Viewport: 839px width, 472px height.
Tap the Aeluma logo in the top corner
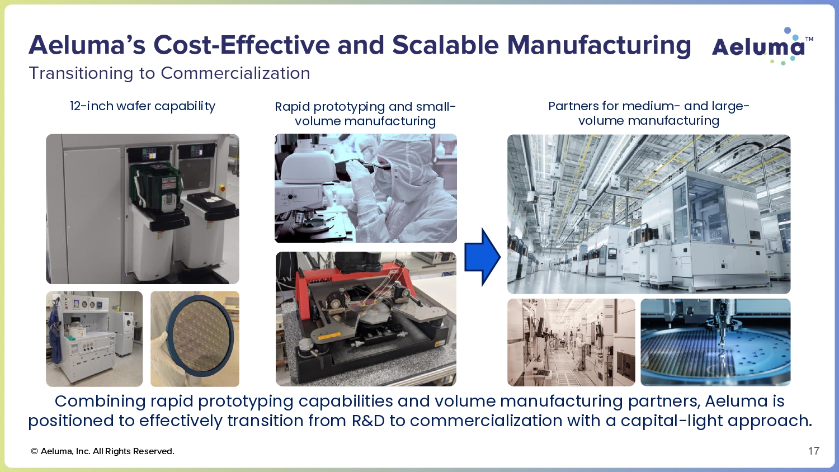pyautogui.click(x=762, y=46)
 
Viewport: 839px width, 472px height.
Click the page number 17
pyautogui.click(x=813, y=451)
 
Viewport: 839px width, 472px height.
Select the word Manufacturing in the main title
pyautogui.click(x=598, y=45)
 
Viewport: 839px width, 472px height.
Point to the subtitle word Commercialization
pyautogui.click(x=235, y=73)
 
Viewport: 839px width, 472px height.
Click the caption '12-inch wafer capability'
pyautogui.click(x=143, y=106)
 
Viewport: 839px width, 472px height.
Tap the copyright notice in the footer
pyautogui.click(x=102, y=451)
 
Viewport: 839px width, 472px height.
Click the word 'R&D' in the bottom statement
pyautogui.click(x=368, y=421)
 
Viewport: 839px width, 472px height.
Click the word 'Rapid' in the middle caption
pyautogui.click(x=292, y=107)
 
